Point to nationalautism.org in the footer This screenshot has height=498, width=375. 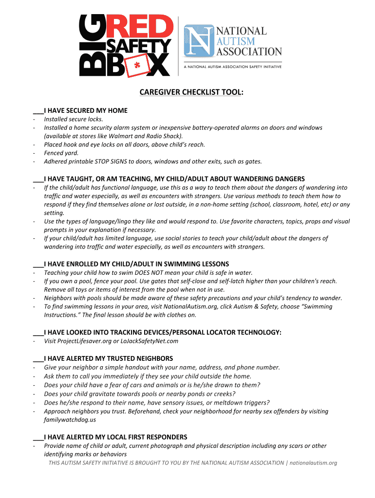click(x=313, y=462)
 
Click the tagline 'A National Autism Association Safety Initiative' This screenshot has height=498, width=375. click(x=232, y=67)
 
